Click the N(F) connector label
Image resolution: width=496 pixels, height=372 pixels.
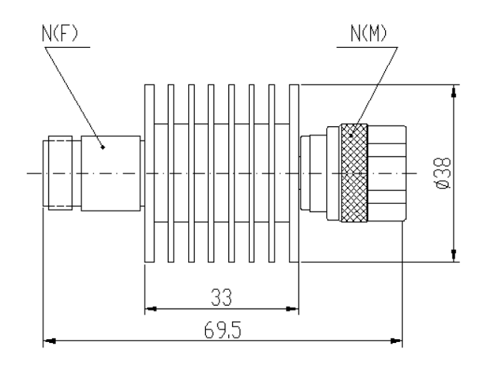pos(60,33)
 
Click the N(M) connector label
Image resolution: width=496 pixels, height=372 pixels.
pos(369,33)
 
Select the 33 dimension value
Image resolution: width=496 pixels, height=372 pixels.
pos(221,297)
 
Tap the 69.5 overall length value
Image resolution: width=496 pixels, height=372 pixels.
pos(222,330)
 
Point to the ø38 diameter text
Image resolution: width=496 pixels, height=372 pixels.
pos(442,174)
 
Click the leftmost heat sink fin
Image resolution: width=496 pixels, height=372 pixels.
pos(149,174)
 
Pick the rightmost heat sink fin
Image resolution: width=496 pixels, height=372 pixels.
pos(294,174)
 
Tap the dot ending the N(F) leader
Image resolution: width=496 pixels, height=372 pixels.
pos(102,147)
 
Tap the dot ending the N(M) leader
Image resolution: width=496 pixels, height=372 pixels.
pos(351,136)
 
